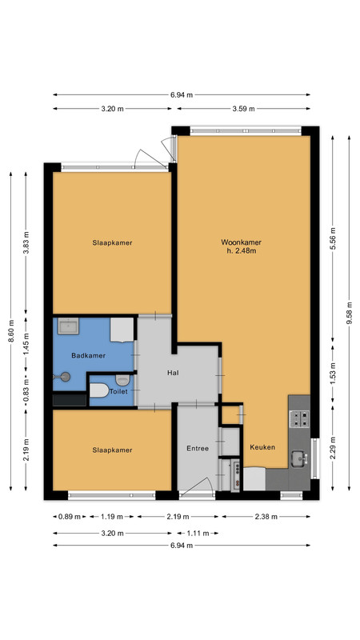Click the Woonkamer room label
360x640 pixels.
(242, 242)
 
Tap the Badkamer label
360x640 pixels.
(89, 355)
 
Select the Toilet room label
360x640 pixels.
(118, 391)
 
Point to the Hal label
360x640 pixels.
(173, 373)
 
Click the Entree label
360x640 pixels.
(198, 448)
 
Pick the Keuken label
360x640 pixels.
(262, 447)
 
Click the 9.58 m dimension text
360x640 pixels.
(350, 313)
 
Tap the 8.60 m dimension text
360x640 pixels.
(11, 331)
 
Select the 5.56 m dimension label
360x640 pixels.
(333, 238)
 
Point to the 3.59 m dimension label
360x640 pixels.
(244, 109)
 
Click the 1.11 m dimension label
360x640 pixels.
(198, 533)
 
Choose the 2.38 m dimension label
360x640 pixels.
(266, 517)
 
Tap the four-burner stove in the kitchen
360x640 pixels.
(299, 418)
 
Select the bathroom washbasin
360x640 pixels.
(68, 326)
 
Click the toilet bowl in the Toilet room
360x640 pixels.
(99, 390)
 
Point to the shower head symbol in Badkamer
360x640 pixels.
(62, 377)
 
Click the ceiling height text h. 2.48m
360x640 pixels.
(242, 251)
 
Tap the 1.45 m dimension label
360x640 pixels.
(26, 345)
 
